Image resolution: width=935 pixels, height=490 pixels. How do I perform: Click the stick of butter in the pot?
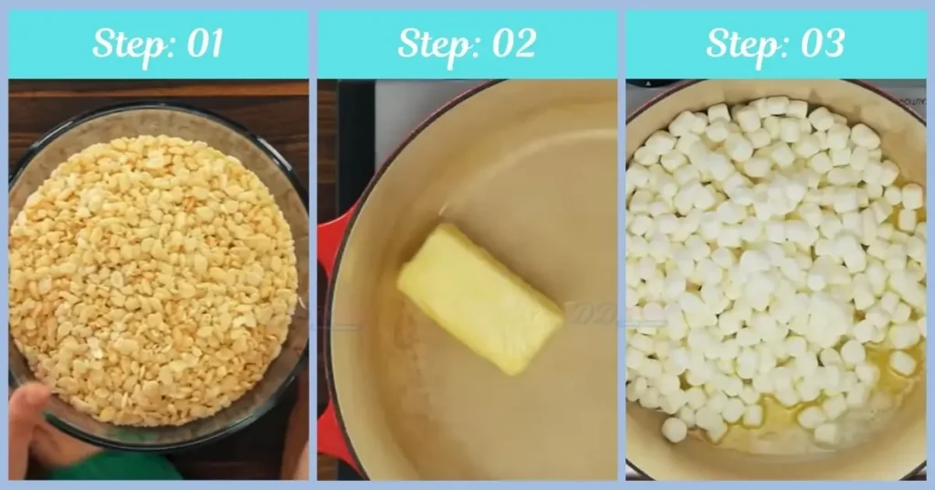[x=478, y=298]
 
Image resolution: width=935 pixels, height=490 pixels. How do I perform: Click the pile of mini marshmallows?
[x=776, y=256]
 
